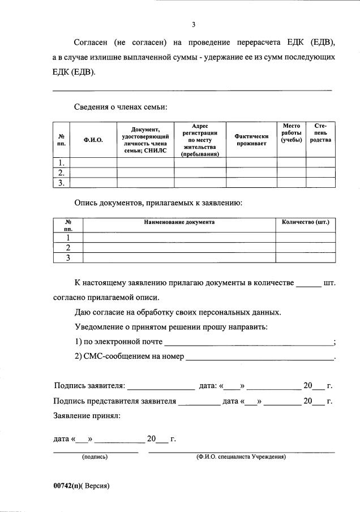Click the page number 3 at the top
[x=194, y=24]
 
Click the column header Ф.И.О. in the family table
[x=93, y=139]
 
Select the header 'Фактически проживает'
[x=251, y=139]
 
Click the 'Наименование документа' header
[x=179, y=222]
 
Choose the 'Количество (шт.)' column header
[x=305, y=222]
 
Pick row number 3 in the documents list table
[x=68, y=258]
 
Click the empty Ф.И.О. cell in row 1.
[x=93, y=162]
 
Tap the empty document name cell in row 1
[x=179, y=238]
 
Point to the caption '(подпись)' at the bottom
[x=95, y=457]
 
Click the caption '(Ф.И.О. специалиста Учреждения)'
[x=241, y=457]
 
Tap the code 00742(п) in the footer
[x=67, y=486]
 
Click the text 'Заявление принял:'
[x=87, y=416]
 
